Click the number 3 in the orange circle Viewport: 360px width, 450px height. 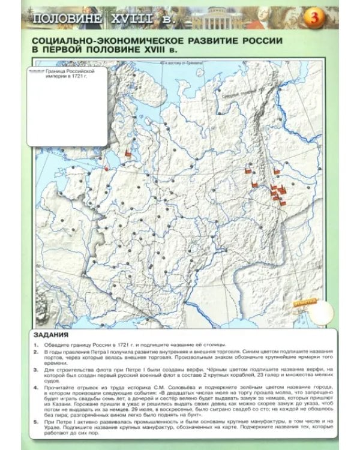tap(314, 19)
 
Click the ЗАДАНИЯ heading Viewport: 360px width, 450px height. tap(51, 335)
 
